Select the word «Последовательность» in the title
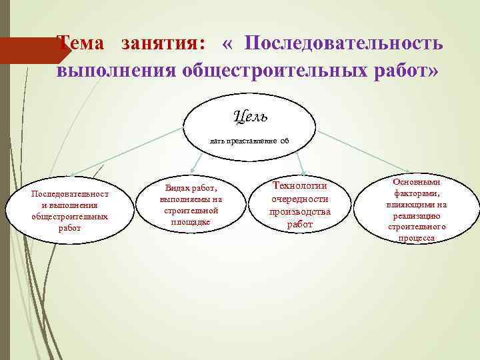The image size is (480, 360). (x=343, y=43)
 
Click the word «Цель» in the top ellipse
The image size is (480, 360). (x=251, y=117)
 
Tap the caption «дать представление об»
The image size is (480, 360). (x=249, y=141)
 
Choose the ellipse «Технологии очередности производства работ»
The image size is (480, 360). (x=299, y=205)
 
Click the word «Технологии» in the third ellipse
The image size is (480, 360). (x=300, y=186)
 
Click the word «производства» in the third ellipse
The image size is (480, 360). (x=299, y=212)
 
